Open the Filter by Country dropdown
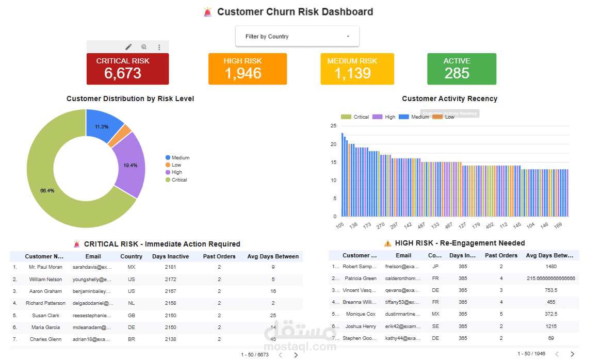click(x=297, y=37)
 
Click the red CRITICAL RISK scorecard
click(x=127, y=69)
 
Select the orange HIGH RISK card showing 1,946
click(x=247, y=69)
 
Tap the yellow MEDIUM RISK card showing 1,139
click(x=357, y=69)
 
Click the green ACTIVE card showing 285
click(x=462, y=69)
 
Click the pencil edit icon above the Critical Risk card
click(x=128, y=47)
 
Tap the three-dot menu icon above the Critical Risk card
click(x=159, y=47)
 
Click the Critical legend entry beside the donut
click(x=179, y=180)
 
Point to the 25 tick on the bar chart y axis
click(x=333, y=126)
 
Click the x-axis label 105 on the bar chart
click(x=340, y=226)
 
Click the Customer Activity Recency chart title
click(x=449, y=99)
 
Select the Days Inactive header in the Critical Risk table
click(x=170, y=256)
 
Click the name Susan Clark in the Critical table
click(x=46, y=315)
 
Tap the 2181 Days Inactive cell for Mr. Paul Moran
click(x=170, y=267)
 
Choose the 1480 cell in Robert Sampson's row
click(x=550, y=267)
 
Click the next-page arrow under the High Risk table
click(x=572, y=354)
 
